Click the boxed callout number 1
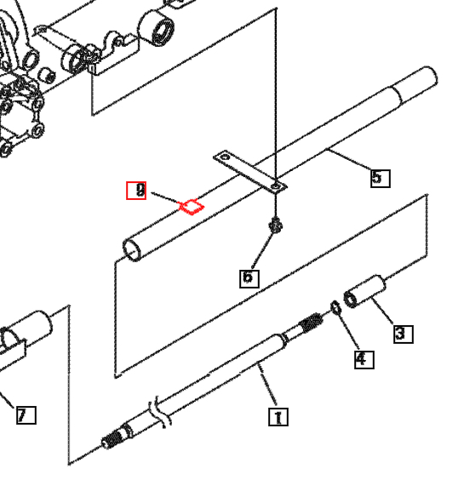coord(278,417)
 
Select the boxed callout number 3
coord(403,334)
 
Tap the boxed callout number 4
coord(364,359)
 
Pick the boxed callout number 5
coord(380,177)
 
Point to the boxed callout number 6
coord(249,277)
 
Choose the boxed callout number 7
coord(26,415)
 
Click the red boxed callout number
coord(136,191)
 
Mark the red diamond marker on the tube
coord(192,205)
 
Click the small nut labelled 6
coord(275,226)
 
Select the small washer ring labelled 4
coord(335,306)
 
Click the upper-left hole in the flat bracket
coord(225,157)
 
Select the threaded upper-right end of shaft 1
coord(312,323)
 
